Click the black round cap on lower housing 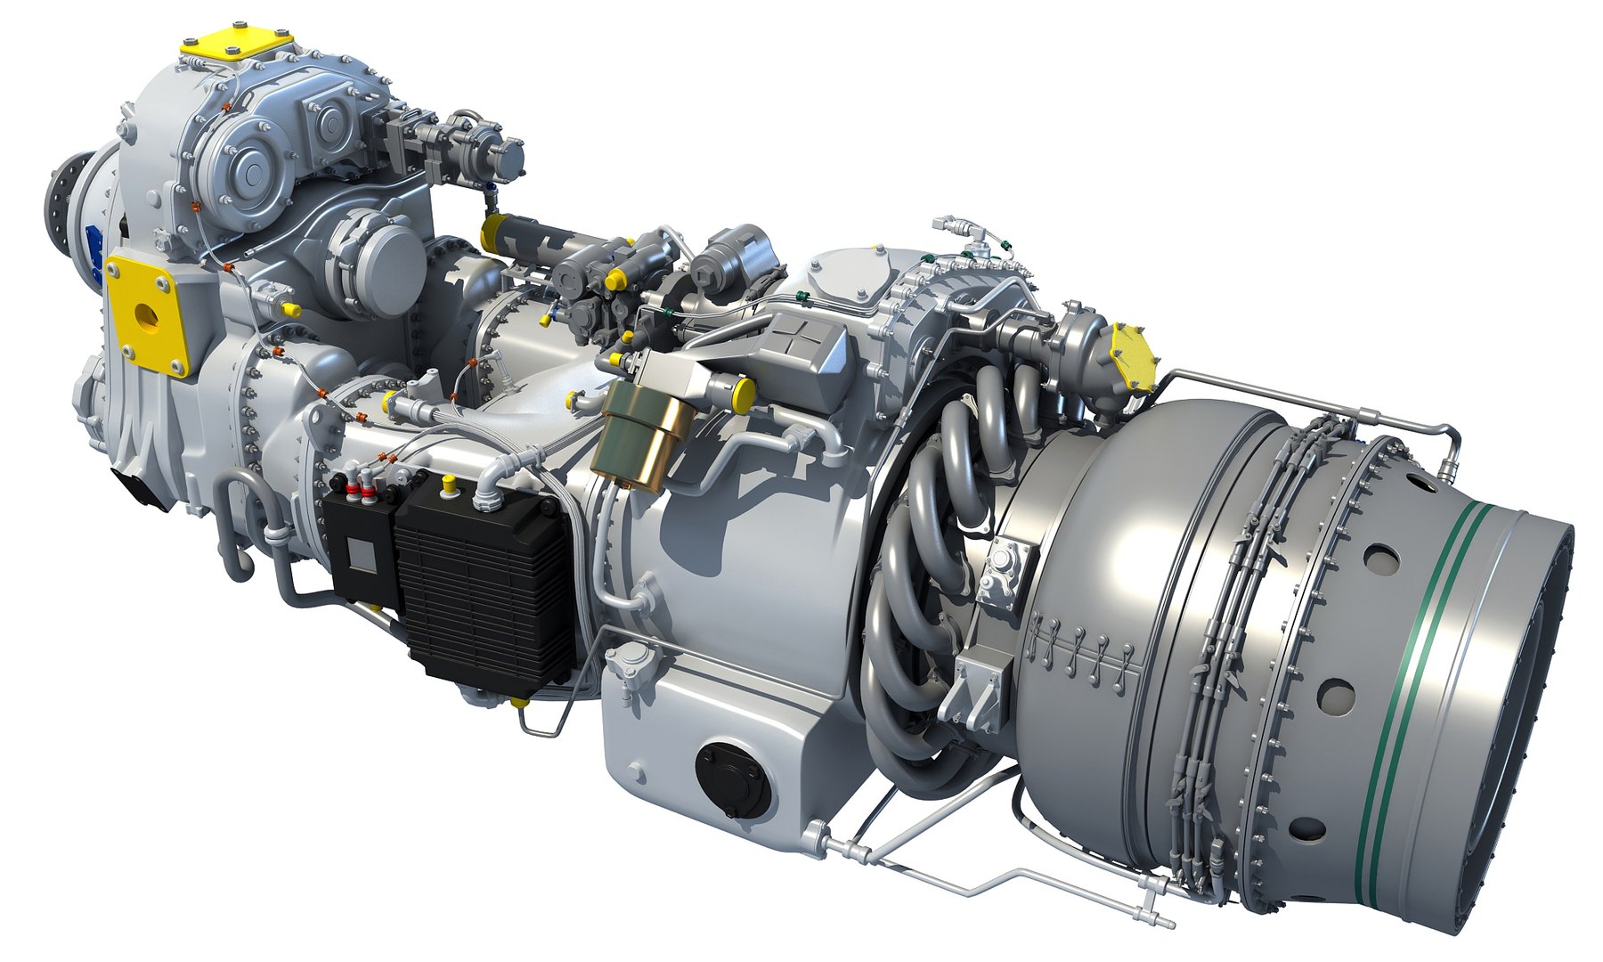(730, 770)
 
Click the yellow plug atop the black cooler (451, 485)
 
